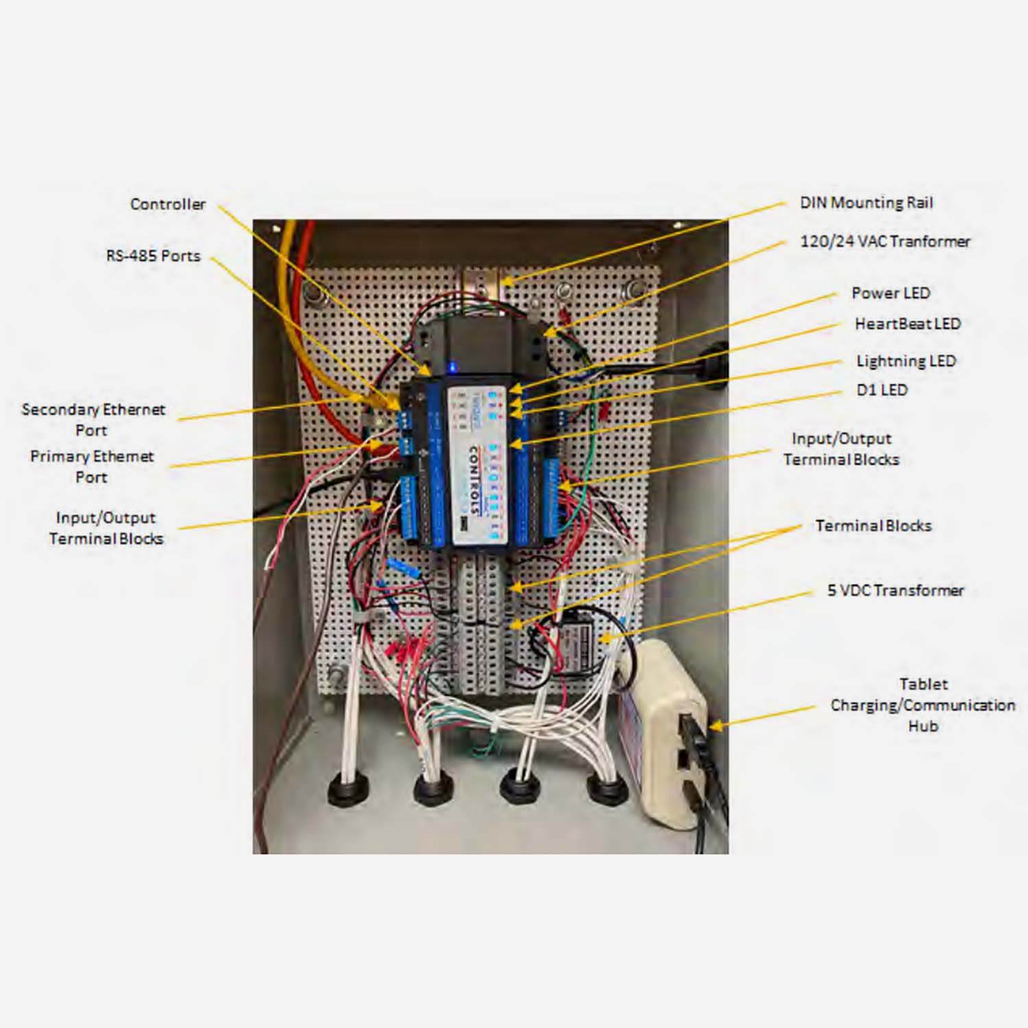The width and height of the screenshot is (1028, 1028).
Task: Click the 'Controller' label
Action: pos(168,204)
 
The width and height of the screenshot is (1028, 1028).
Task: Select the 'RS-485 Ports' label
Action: pos(154,256)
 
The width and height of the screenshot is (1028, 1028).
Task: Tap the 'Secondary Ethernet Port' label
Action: pos(93,419)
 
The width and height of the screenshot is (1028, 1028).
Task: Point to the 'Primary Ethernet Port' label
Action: pos(92,467)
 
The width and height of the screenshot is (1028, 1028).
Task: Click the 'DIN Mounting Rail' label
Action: pos(866,203)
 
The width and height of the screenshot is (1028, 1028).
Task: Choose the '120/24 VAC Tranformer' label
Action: pos(885,241)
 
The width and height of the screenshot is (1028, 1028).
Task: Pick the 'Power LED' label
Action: pos(890,293)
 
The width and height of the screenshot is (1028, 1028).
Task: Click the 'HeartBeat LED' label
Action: pos(907,324)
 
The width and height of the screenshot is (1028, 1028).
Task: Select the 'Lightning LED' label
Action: pos(905,361)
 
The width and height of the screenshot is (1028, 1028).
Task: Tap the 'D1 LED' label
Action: pos(881,390)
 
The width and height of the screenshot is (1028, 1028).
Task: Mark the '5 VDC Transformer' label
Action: pos(895,590)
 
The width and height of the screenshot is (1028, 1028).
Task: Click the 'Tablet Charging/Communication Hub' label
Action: pos(922,705)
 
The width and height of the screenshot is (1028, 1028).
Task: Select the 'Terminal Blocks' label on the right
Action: pos(873,526)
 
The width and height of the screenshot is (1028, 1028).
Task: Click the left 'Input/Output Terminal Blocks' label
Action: pos(106,528)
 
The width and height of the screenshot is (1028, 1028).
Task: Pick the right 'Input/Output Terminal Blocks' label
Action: pos(841,449)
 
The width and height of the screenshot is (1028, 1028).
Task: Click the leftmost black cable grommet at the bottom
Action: pos(349,792)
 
